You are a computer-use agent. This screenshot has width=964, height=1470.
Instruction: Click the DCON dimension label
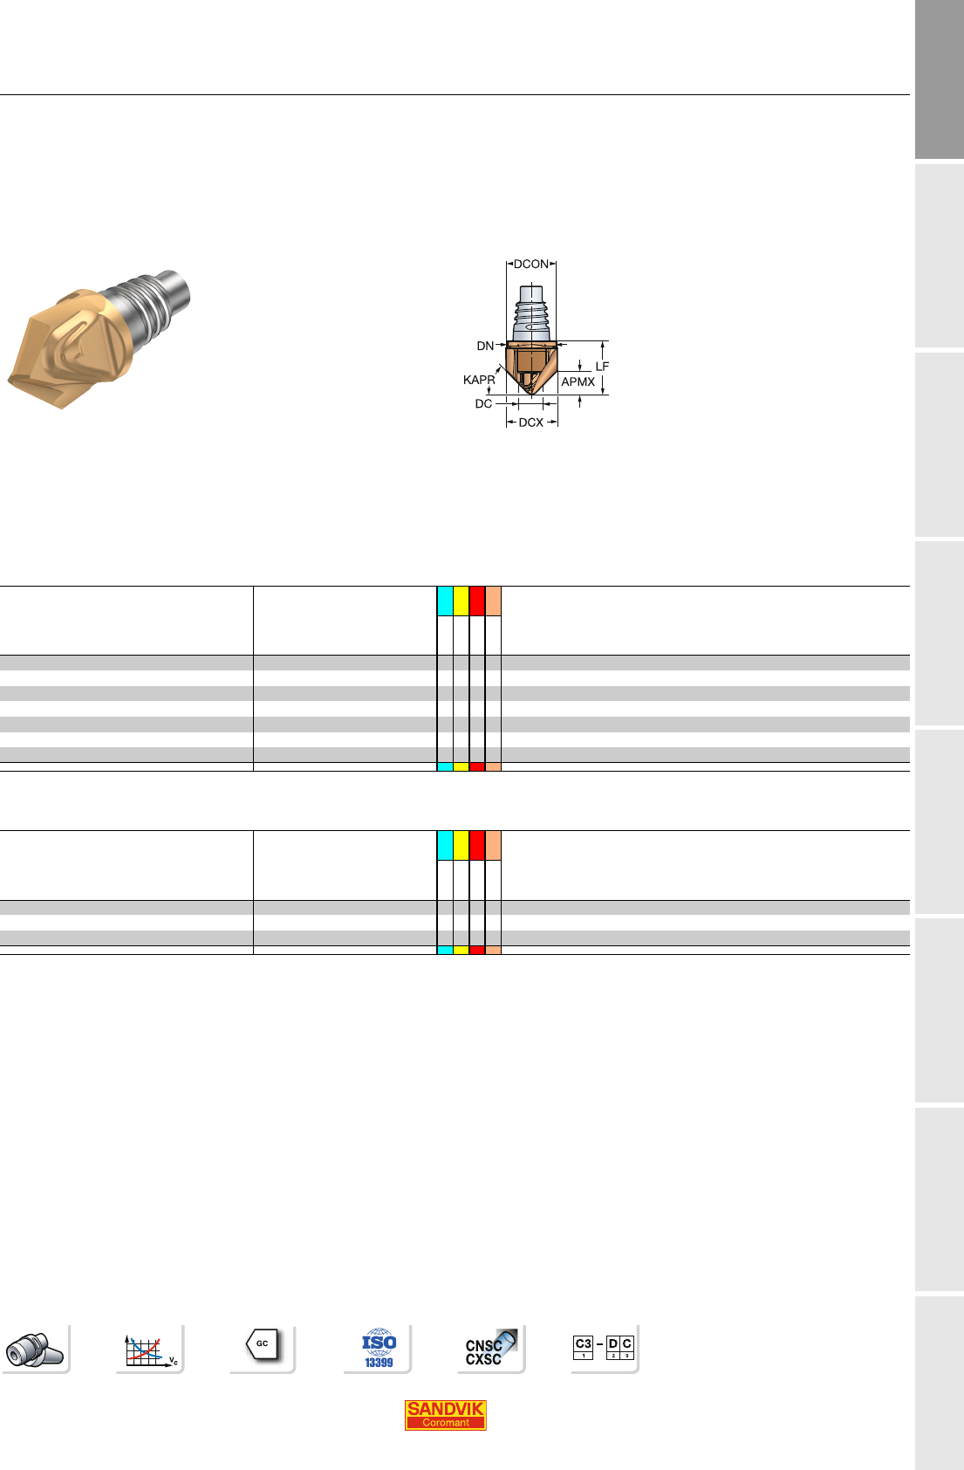tap(530, 264)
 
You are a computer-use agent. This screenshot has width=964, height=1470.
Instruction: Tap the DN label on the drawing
tap(485, 346)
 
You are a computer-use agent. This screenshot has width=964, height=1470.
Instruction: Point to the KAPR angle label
tap(479, 380)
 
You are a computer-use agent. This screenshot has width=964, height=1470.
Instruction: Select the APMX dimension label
tap(578, 382)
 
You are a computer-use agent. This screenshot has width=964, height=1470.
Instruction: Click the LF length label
tap(602, 366)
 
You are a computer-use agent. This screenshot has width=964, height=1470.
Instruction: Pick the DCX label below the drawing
tap(530, 422)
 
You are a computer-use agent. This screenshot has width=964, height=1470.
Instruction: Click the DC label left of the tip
tap(483, 403)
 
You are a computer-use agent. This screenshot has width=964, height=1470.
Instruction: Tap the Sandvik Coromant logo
tap(445, 1414)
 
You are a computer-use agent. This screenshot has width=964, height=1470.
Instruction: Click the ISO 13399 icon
tap(379, 1348)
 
